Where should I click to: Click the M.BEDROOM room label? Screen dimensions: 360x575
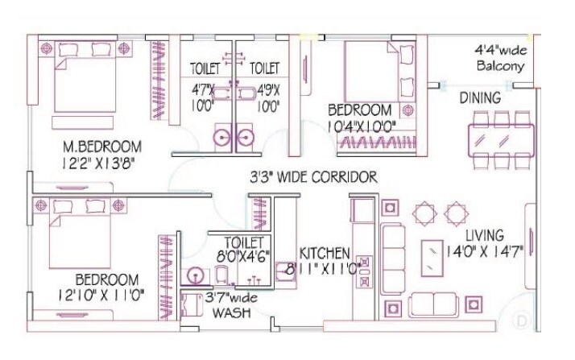103,147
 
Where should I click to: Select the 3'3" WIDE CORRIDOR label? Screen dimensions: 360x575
313,177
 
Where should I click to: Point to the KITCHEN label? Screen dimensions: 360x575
324,252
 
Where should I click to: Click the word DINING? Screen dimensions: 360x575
480,98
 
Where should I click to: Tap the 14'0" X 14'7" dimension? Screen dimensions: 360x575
485,250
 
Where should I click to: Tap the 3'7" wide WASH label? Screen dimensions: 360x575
231,305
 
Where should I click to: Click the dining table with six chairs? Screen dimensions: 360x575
500,139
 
